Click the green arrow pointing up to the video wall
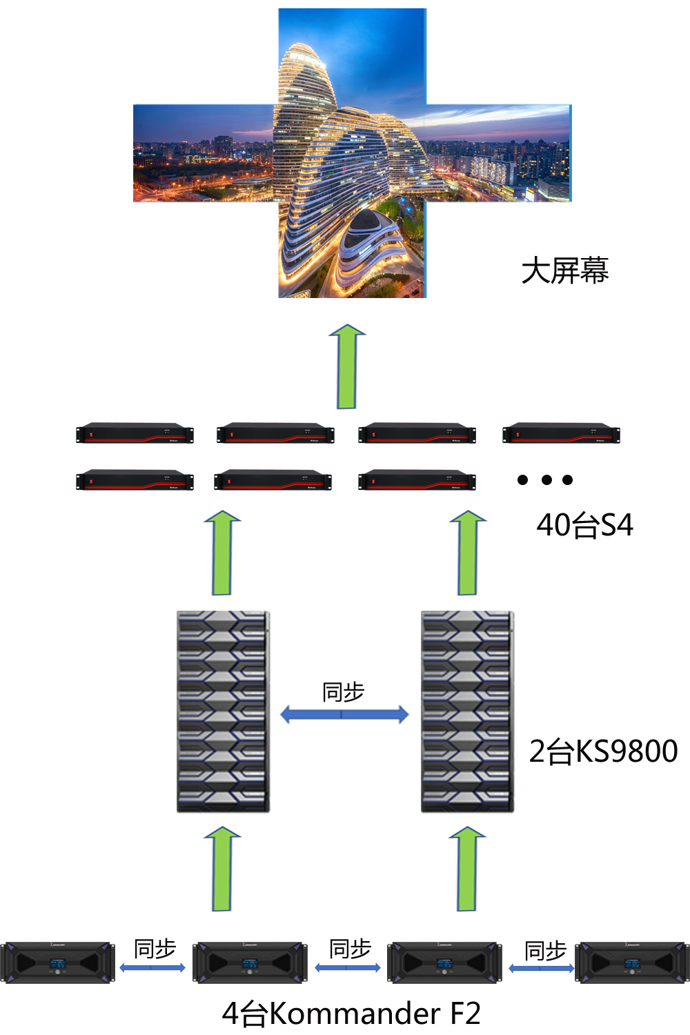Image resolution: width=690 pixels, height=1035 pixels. pos(347,366)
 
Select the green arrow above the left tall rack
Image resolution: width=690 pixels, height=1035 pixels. pos(222,552)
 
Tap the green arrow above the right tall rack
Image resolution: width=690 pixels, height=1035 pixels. pos(468,552)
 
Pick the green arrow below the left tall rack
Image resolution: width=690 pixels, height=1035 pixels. pos(222,868)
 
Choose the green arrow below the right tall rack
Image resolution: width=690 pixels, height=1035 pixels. pos(467,868)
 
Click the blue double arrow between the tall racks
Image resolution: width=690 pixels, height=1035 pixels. pos(344,714)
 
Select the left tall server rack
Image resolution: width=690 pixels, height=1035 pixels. pos(222,713)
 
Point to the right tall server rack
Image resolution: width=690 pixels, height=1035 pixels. pos(467,713)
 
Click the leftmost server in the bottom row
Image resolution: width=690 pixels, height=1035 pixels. pos(57,962)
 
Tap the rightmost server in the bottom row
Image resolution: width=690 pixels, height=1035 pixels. pos(632,962)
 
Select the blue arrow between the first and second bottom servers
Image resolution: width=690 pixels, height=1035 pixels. pos(152,968)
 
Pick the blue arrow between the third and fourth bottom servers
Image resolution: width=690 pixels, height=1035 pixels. pos(541,968)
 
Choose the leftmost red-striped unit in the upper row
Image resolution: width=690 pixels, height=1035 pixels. pos(135,433)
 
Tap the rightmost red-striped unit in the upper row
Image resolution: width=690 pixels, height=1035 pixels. pos(561,433)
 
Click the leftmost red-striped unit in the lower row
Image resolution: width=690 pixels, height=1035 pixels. pos(135,480)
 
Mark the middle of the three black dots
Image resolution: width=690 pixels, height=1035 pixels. pos(546,480)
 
